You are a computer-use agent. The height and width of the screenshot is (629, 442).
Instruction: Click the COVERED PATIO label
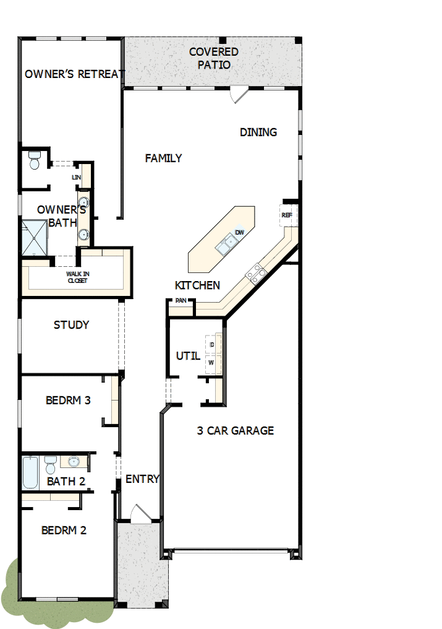[214, 58]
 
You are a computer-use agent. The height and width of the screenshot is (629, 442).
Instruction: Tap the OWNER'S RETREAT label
[74, 74]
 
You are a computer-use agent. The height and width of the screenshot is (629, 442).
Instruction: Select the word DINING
[258, 132]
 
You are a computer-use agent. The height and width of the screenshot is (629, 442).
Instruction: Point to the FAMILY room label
[163, 158]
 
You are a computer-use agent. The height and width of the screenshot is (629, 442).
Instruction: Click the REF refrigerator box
[287, 215]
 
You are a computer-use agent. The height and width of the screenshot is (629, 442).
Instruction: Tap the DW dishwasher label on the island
[240, 232]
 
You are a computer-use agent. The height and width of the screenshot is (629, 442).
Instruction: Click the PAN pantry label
[181, 300]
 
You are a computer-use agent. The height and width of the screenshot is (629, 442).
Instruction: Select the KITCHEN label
[197, 285]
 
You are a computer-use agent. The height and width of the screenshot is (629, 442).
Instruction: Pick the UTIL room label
[188, 356]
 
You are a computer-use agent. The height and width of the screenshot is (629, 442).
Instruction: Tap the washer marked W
[212, 362]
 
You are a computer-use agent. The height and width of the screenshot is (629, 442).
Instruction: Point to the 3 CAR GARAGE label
[235, 431]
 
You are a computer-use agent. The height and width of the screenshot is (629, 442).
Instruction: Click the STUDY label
[71, 325]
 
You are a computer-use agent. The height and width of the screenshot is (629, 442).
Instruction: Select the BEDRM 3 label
[68, 401]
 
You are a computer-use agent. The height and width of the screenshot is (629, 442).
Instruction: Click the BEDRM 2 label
[64, 531]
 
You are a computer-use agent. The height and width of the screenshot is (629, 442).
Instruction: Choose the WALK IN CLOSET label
[77, 277]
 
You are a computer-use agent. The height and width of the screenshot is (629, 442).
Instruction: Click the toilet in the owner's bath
[35, 160]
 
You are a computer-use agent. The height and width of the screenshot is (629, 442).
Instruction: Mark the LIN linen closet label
[76, 178]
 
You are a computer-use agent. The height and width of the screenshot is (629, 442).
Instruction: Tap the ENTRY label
[142, 479]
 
